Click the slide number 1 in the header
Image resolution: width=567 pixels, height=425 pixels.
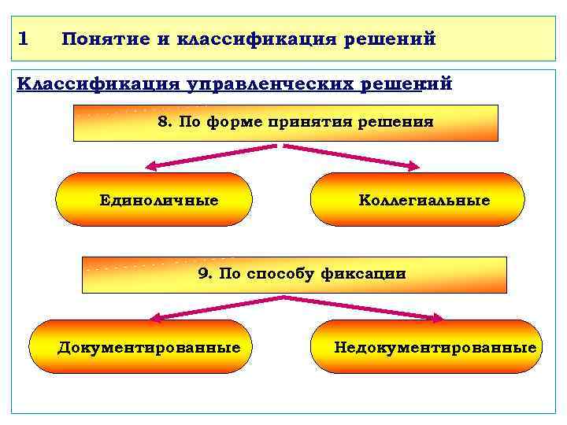[x=22, y=38]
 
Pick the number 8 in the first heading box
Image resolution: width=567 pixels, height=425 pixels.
[x=165, y=122]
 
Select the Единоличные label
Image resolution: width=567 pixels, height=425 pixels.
[x=159, y=201]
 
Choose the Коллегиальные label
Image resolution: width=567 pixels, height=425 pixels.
[x=424, y=201]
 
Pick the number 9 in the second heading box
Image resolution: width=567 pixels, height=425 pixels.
[x=203, y=274]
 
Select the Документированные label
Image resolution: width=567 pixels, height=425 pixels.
[x=149, y=347]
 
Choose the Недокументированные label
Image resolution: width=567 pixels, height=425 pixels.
[x=435, y=347]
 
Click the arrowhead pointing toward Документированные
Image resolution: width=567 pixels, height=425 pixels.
[x=154, y=317]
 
